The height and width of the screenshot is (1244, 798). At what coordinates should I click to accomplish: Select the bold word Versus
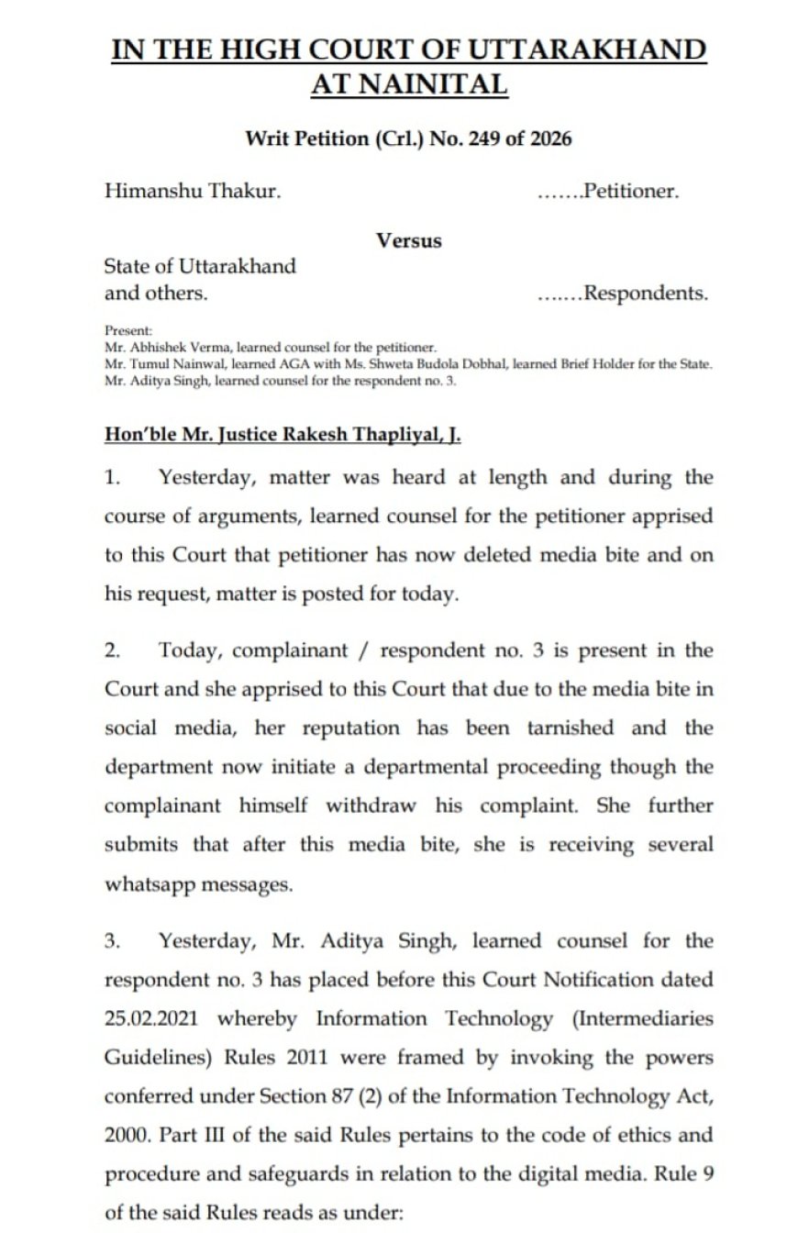point(408,240)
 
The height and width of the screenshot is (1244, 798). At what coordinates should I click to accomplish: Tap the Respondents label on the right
point(646,294)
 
